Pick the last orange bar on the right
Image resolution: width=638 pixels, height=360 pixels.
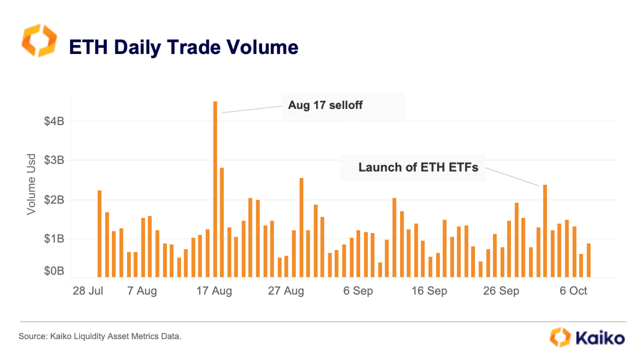[x=589, y=260]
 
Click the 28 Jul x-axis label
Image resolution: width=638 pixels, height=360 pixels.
[x=88, y=291]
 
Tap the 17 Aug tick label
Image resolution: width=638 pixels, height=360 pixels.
[x=214, y=291]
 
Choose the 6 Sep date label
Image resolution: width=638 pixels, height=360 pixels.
[x=358, y=291]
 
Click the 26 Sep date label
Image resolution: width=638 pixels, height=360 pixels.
[x=501, y=291]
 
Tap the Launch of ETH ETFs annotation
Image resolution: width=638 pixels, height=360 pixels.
[x=418, y=168]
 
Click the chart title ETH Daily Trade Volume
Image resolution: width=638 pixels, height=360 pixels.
[x=183, y=47]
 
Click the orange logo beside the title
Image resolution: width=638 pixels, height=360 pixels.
[x=39, y=41]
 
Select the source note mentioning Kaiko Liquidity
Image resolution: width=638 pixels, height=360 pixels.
[x=100, y=336]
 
